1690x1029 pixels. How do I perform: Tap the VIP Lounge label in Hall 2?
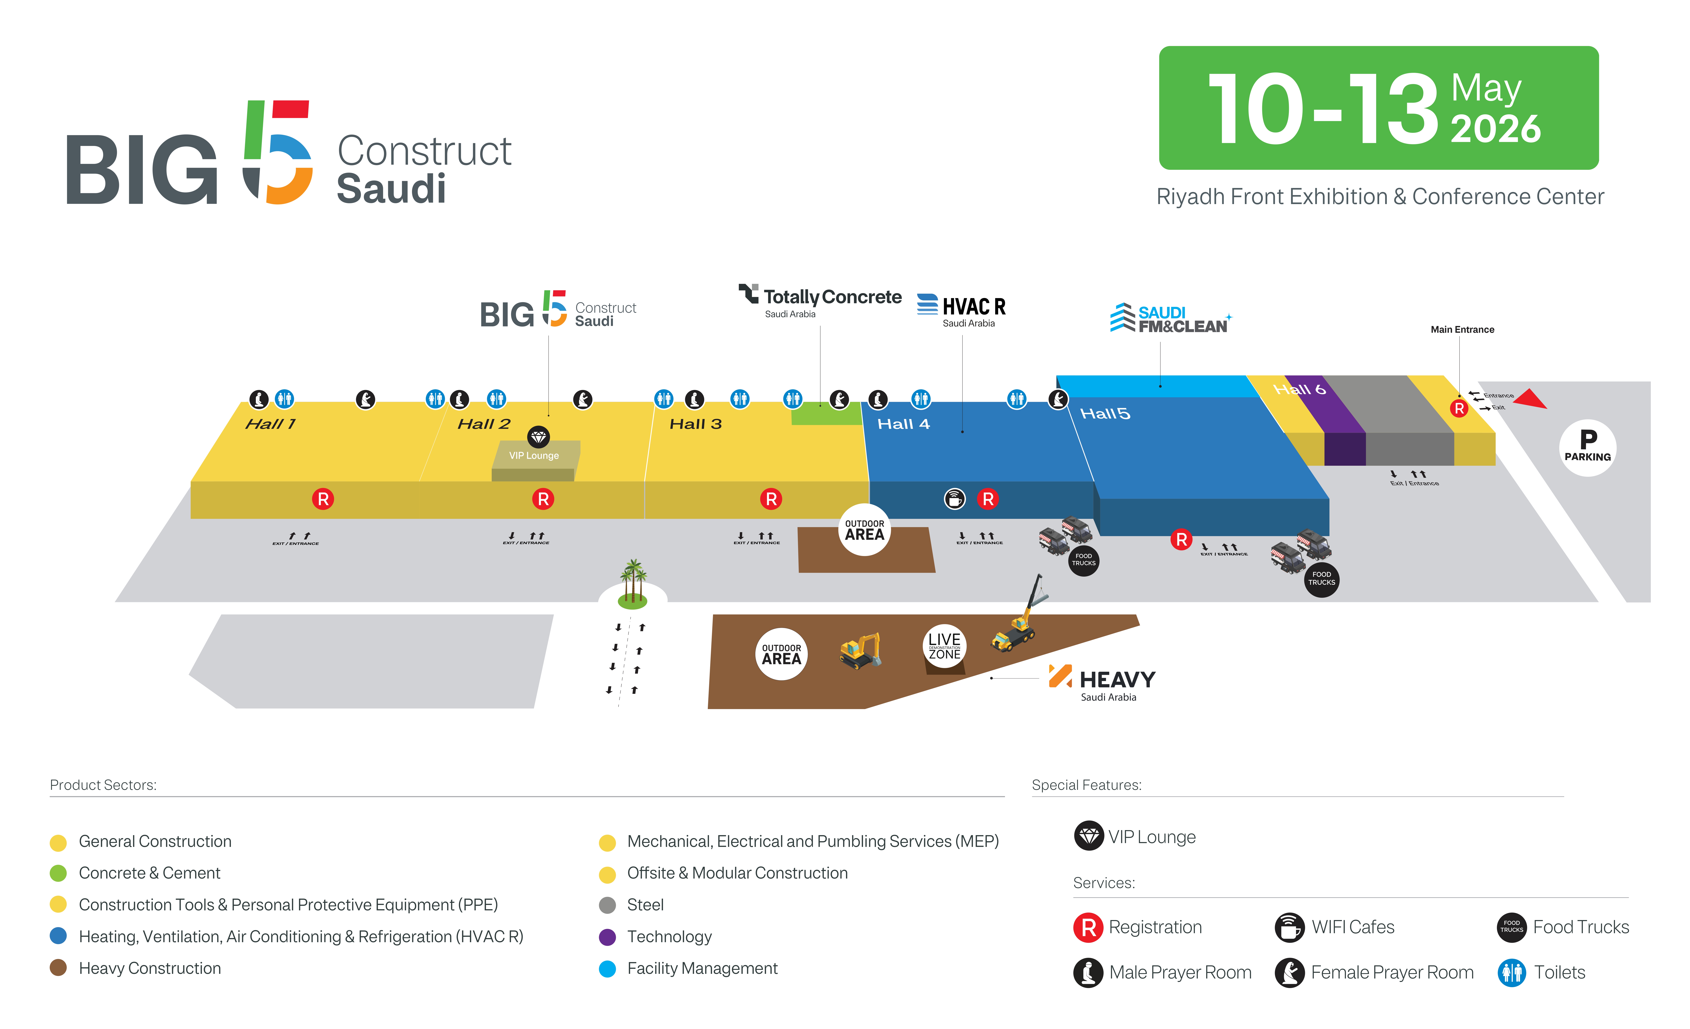point(534,456)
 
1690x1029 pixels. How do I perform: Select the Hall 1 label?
point(270,424)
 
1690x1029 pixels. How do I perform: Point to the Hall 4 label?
point(903,424)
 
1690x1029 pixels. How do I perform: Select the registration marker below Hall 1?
point(323,499)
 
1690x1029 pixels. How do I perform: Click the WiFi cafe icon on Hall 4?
point(955,499)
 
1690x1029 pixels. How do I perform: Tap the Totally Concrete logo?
point(820,300)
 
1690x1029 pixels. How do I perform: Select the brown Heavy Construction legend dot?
point(58,968)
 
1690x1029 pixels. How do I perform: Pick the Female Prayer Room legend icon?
point(1289,972)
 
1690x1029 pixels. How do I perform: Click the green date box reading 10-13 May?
point(1379,108)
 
